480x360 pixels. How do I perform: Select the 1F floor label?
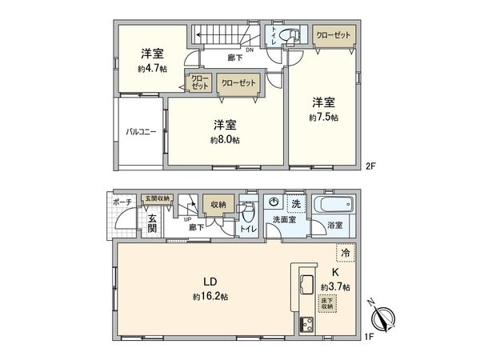pyautogui.click(x=370, y=338)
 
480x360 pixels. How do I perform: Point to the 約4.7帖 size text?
pyautogui.click(x=152, y=69)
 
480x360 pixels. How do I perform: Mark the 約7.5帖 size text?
pyautogui.click(x=324, y=117)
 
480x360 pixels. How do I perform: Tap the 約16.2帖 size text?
pyautogui.click(x=210, y=296)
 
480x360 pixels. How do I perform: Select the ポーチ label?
pyautogui.click(x=122, y=202)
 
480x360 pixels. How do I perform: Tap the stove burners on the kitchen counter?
pyautogui.click(x=306, y=324)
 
